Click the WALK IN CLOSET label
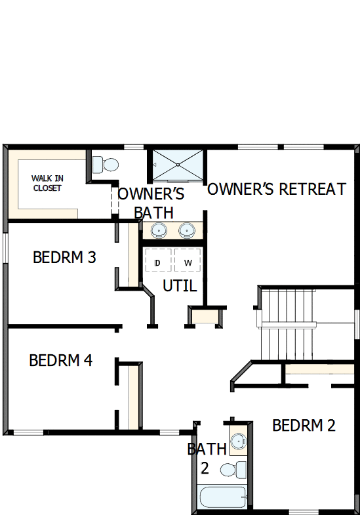click(x=47, y=183)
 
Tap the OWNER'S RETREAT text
click(x=276, y=190)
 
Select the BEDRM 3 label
click(x=64, y=258)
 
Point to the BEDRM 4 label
click(x=60, y=360)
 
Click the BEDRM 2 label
click(x=304, y=426)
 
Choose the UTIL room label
click(x=179, y=285)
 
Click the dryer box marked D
click(x=157, y=263)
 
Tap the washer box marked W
click(x=188, y=263)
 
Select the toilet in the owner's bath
click(x=106, y=163)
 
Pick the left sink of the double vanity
click(x=158, y=230)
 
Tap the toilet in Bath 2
click(x=233, y=469)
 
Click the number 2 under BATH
click(x=205, y=468)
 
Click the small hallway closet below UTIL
click(x=205, y=316)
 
